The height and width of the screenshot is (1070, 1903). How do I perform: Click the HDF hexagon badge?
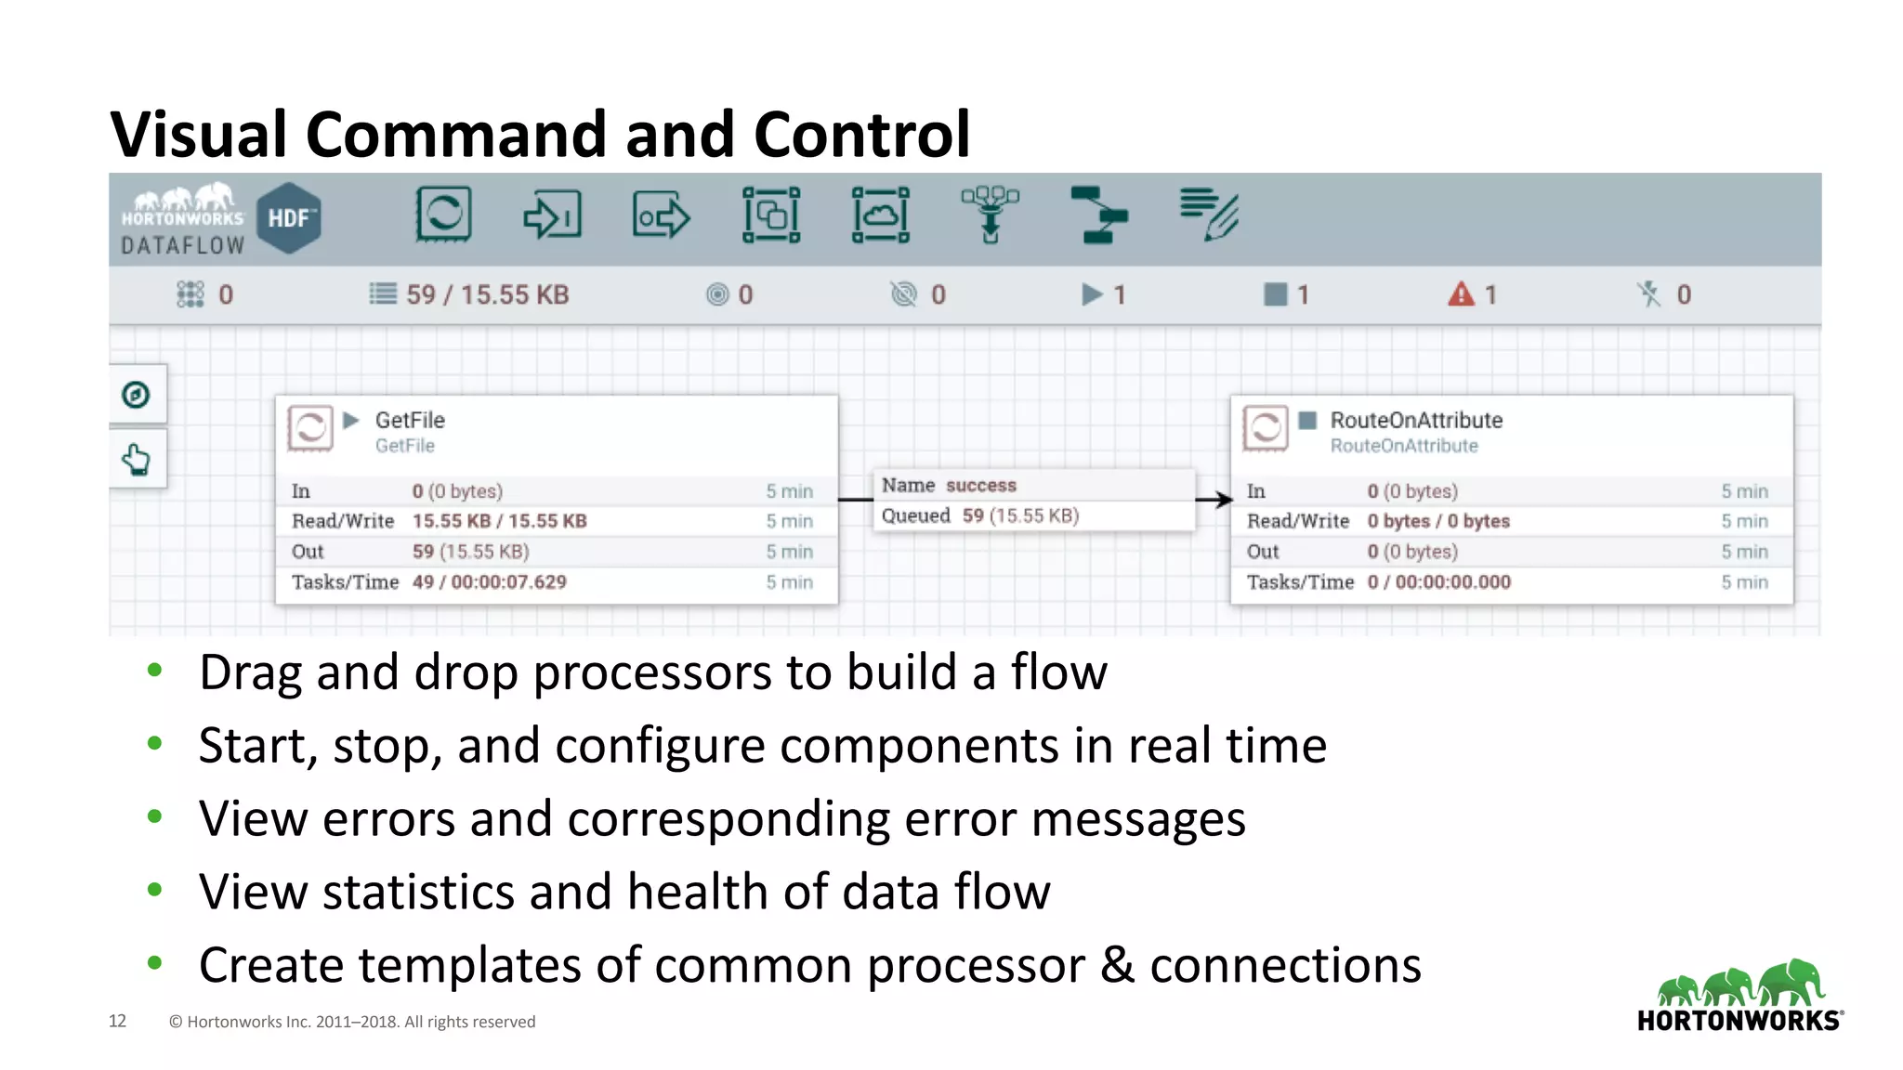289,218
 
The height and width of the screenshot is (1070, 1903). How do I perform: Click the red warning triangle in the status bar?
1461,294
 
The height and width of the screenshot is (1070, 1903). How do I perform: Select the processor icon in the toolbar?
443,215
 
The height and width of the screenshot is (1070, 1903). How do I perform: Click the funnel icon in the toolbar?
990,215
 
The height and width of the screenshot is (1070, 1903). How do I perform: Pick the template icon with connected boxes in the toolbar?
1098,215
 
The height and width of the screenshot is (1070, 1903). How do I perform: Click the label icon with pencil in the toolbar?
1209,215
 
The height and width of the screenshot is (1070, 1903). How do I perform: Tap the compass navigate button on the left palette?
137,395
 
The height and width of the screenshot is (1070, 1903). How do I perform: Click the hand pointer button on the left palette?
137,459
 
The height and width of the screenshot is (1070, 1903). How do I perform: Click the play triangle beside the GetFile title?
351,420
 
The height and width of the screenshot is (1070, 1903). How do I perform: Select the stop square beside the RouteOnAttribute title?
1307,420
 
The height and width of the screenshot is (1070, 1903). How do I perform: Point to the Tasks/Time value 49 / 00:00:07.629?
489,582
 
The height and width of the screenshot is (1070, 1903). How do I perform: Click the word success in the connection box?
981,485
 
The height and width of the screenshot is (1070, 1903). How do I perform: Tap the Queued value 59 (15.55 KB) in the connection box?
1020,515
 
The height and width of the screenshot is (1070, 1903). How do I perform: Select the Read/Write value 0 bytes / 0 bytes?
1437,521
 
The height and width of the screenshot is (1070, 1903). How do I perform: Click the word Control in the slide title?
861,134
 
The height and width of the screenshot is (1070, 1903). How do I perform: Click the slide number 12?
117,1021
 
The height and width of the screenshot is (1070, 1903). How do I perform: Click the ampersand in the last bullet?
1117,965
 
